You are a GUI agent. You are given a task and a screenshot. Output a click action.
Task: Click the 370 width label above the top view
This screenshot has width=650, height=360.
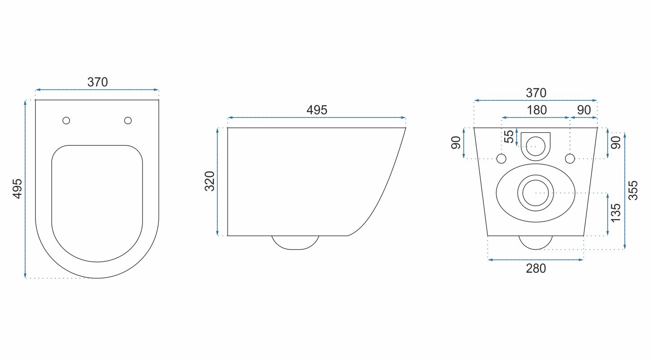pyautogui.click(x=97, y=82)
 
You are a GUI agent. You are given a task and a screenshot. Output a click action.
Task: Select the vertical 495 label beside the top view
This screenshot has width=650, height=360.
pyautogui.click(x=17, y=189)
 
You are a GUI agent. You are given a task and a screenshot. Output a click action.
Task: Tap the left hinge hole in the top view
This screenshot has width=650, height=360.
pyautogui.click(x=66, y=120)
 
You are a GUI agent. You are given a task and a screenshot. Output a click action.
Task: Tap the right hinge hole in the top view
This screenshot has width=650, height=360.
pyautogui.click(x=128, y=120)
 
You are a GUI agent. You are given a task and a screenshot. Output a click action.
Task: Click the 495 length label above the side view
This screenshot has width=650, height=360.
pyautogui.click(x=317, y=110)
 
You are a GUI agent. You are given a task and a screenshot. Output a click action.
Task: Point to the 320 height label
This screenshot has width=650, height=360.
pyautogui.click(x=210, y=181)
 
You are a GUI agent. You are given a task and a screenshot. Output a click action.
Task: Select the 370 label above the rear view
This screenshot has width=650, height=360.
pyautogui.click(x=536, y=93)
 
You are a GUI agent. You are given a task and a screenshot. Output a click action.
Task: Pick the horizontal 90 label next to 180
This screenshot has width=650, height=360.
pyautogui.click(x=584, y=110)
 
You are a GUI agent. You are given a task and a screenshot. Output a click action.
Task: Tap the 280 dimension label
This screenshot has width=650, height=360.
pyautogui.click(x=536, y=269)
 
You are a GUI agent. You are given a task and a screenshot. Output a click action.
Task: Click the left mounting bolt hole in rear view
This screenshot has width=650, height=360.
pyautogui.click(x=501, y=158)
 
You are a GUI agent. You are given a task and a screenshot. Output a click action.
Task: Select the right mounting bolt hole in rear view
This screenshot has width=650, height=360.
pyautogui.click(x=569, y=158)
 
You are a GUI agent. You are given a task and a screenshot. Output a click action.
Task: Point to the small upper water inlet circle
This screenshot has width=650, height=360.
pyautogui.click(x=535, y=145)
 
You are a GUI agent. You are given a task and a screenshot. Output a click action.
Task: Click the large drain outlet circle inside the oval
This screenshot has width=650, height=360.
pyautogui.click(x=535, y=193)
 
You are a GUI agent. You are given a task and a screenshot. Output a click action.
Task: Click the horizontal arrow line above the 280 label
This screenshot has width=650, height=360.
pyautogui.click(x=536, y=260)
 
